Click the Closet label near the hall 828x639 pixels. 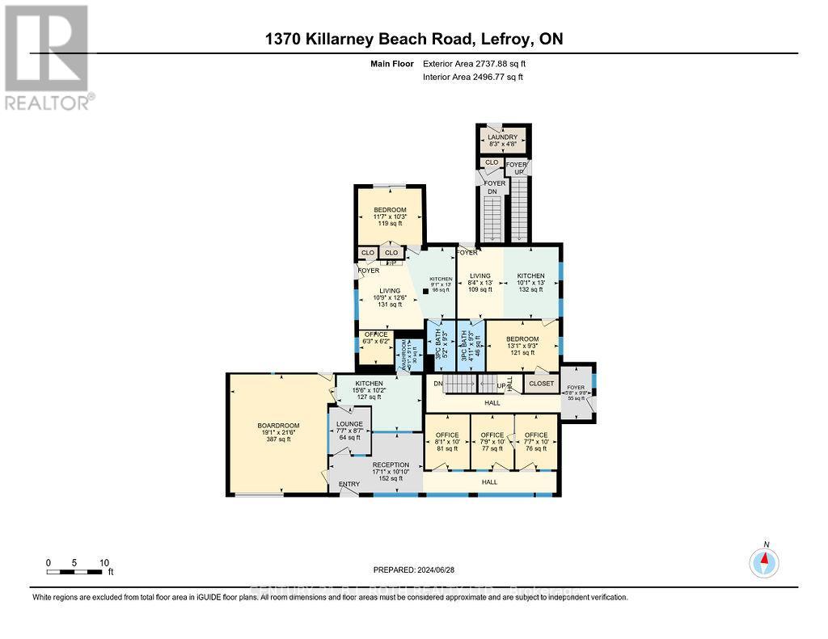541,384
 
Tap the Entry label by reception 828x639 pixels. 349,484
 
